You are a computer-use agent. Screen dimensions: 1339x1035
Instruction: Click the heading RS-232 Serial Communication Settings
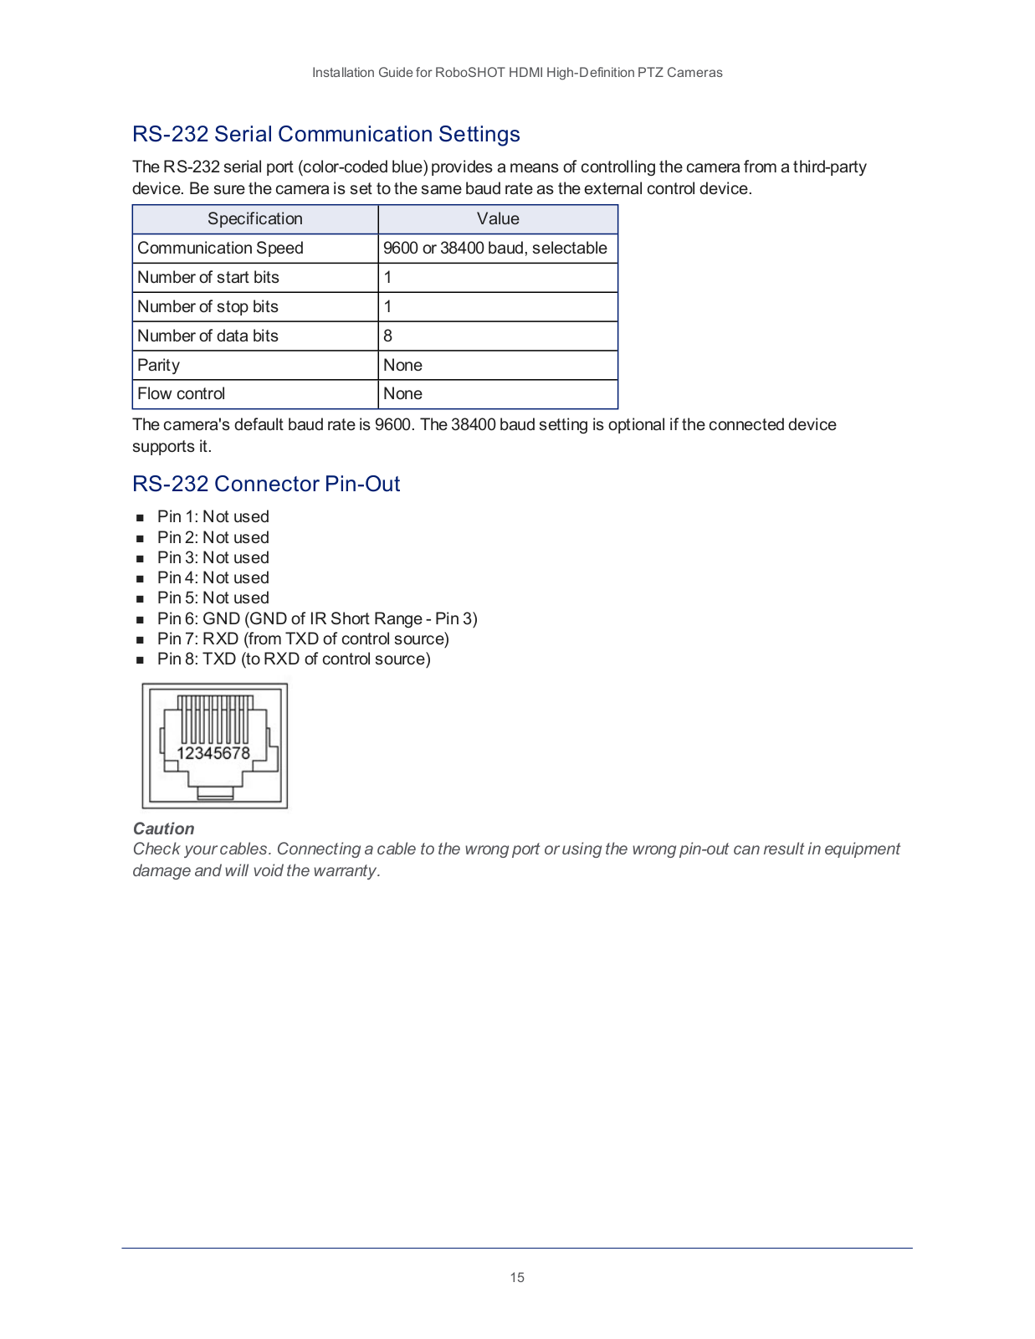[x=325, y=134]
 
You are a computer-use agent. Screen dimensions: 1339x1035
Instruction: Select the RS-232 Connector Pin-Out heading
[x=266, y=484]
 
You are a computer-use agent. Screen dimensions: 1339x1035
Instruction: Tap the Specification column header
[x=254, y=219]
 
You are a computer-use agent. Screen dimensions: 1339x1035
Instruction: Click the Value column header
[x=498, y=219]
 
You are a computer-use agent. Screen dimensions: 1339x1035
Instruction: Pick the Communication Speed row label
[x=220, y=249]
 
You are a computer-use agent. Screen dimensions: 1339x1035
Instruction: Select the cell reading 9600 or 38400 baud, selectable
[x=494, y=249]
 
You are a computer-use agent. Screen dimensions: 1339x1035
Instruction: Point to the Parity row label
[x=158, y=366]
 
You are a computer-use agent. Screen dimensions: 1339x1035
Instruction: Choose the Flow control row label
[x=181, y=394]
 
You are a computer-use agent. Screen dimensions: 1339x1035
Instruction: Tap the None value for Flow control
[x=402, y=394]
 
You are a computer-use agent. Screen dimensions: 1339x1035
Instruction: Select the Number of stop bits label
[x=208, y=307]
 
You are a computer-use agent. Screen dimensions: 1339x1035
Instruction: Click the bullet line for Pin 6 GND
[x=317, y=618]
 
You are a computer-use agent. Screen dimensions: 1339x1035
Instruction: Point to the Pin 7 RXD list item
[x=303, y=639]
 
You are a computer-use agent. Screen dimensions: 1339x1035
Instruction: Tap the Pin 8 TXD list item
[x=294, y=659]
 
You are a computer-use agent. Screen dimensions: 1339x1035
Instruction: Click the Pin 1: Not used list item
[x=213, y=517]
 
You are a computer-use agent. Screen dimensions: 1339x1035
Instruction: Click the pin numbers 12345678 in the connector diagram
[x=213, y=753]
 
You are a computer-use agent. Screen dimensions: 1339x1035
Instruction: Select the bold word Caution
[x=163, y=829]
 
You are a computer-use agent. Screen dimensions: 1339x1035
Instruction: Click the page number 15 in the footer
[x=517, y=1277]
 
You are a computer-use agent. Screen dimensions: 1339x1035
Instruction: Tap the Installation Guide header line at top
[x=517, y=73]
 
